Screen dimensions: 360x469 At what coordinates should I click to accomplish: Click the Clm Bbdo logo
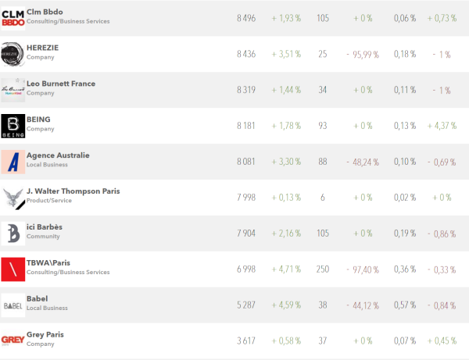tap(13, 18)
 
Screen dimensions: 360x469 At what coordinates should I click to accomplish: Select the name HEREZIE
tap(42, 48)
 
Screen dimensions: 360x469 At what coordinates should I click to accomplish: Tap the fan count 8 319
tap(246, 90)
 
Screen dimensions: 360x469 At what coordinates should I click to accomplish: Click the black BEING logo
tap(13, 126)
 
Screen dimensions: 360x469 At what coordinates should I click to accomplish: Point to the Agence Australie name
tap(58, 155)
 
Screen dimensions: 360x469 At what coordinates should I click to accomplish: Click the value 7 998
tap(246, 198)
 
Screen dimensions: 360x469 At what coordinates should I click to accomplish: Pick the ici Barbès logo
tap(13, 233)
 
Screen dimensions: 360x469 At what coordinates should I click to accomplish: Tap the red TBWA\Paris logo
tap(13, 269)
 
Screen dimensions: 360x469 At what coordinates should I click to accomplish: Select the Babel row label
tap(38, 299)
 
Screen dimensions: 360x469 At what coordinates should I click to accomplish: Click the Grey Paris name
tap(46, 335)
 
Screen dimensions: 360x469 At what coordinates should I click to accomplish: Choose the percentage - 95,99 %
tap(362, 54)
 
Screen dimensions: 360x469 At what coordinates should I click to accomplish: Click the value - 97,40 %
tap(362, 269)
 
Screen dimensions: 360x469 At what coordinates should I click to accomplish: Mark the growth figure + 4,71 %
tap(287, 269)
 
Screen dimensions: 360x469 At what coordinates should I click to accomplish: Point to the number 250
tap(323, 269)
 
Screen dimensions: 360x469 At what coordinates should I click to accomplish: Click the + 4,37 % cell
tap(442, 126)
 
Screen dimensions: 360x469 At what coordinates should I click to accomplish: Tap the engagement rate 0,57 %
tap(404, 305)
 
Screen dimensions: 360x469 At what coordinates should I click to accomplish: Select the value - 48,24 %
tap(362, 162)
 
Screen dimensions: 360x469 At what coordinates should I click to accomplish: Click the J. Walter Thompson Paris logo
tap(13, 198)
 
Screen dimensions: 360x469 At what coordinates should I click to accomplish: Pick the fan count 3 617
tap(246, 341)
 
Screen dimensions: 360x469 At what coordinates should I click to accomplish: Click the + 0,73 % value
tap(442, 18)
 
